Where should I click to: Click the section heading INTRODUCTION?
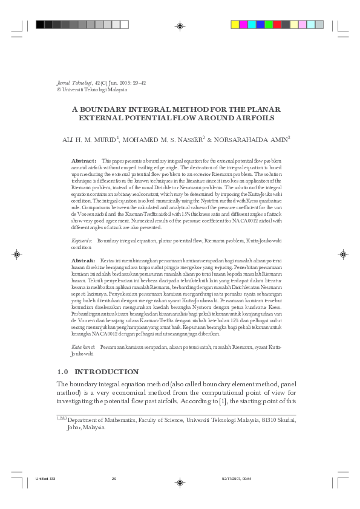coord(107,371)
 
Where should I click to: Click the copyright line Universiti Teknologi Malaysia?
coord(94,89)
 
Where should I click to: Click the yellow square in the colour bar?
coord(235,25)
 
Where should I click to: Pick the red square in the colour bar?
coord(277,25)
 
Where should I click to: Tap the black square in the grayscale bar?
coord(40,25)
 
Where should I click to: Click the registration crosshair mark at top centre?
coord(179,25)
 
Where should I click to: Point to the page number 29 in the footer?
coord(114,479)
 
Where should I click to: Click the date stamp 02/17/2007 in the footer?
coord(229,479)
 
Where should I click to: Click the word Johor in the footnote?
coord(74,426)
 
